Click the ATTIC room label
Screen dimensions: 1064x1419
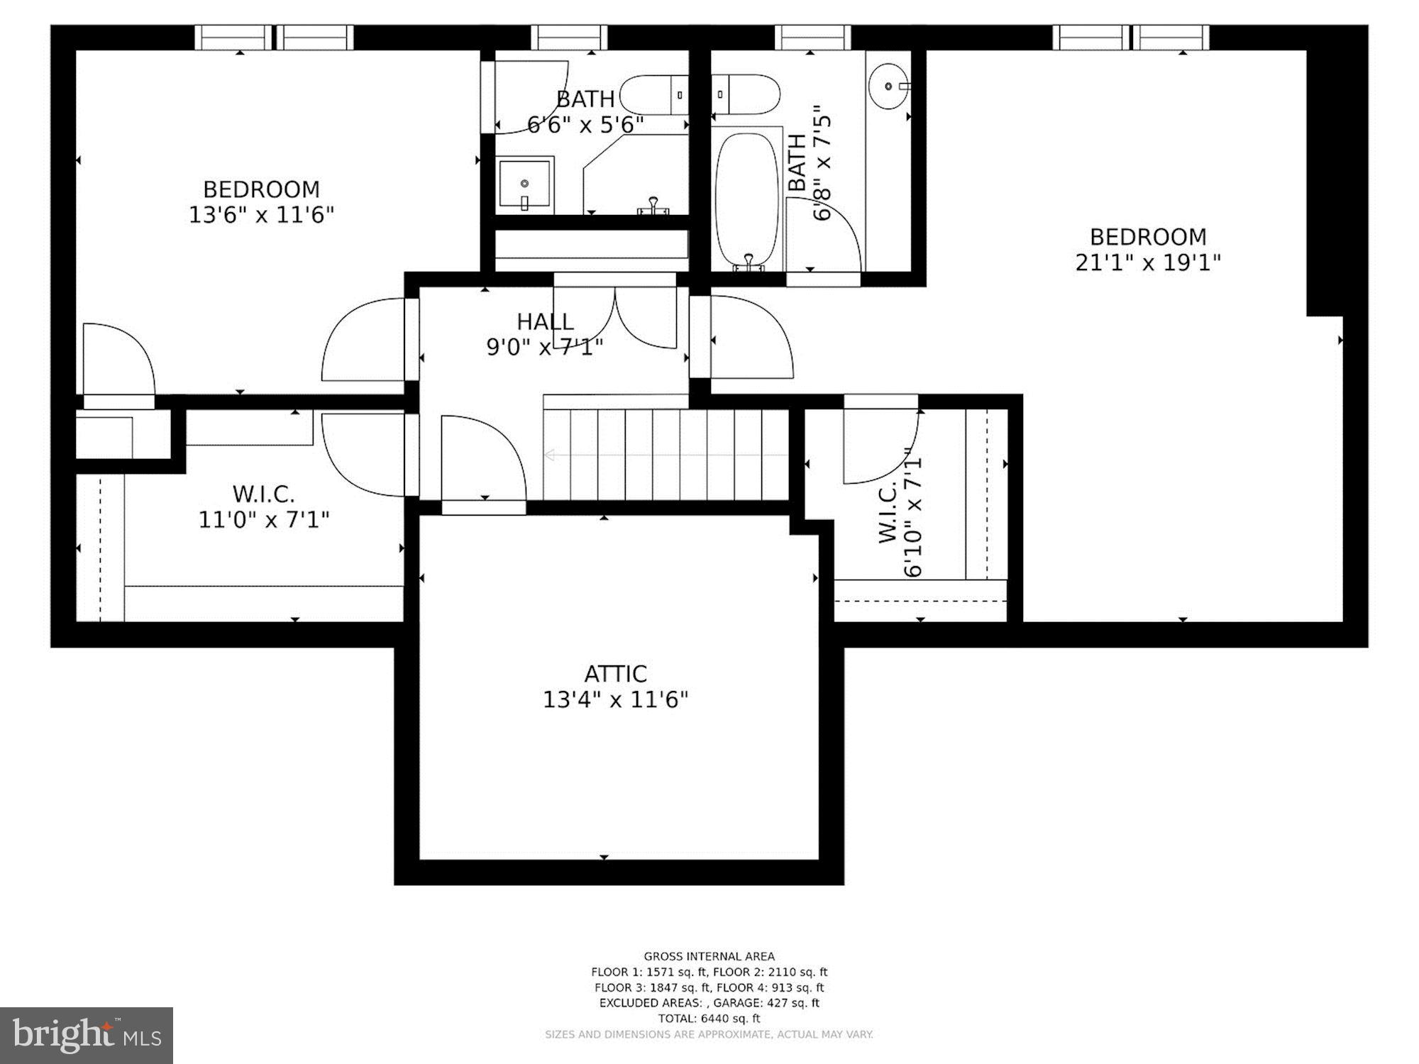[x=615, y=673]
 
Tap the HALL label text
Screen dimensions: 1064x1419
[x=545, y=322]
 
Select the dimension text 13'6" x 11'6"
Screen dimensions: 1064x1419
[x=261, y=214]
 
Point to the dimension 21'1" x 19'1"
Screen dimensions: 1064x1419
[x=1147, y=262]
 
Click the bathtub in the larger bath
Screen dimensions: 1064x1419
[x=746, y=199]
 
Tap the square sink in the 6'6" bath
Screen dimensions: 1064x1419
[x=524, y=184]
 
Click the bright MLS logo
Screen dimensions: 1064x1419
[x=86, y=1035]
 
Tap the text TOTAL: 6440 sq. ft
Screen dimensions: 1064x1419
[x=709, y=1019]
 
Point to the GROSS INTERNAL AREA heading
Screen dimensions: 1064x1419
[x=709, y=956]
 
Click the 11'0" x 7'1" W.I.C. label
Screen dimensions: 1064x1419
[x=263, y=507]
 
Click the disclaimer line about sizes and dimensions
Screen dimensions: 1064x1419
[x=709, y=1035]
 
